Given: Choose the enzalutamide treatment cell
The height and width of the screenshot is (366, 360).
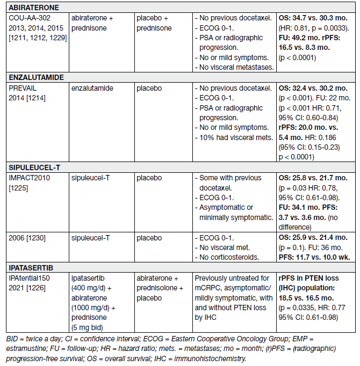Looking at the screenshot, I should click(x=92, y=87).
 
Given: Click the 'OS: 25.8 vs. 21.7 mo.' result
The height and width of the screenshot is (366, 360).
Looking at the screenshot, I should click(x=312, y=177).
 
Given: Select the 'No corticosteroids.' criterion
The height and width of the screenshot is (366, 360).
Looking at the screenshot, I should click(x=228, y=258).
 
